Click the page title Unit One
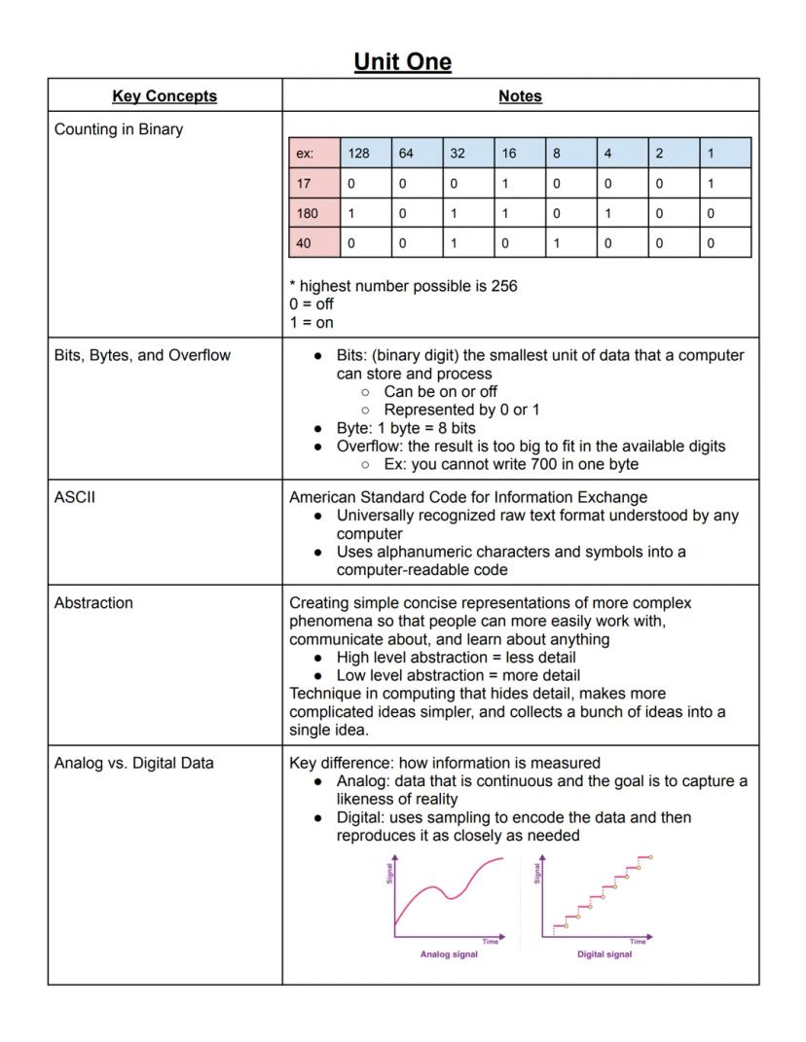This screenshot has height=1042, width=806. pos(402,62)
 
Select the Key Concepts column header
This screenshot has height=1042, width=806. pos(165,95)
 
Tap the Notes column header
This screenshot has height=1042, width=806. pos(520,95)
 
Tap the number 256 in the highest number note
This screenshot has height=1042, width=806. pos(503,286)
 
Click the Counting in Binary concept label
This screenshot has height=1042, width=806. pos(119,128)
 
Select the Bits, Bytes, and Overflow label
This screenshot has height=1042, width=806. pos(142,355)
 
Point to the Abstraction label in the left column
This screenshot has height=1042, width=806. pos(93,602)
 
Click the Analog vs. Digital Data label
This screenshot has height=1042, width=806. pos(133,763)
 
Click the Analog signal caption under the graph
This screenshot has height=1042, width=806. pos(449,953)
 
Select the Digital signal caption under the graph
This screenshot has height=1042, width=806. pos(604,953)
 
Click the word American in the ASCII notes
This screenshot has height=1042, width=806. pos(324,497)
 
